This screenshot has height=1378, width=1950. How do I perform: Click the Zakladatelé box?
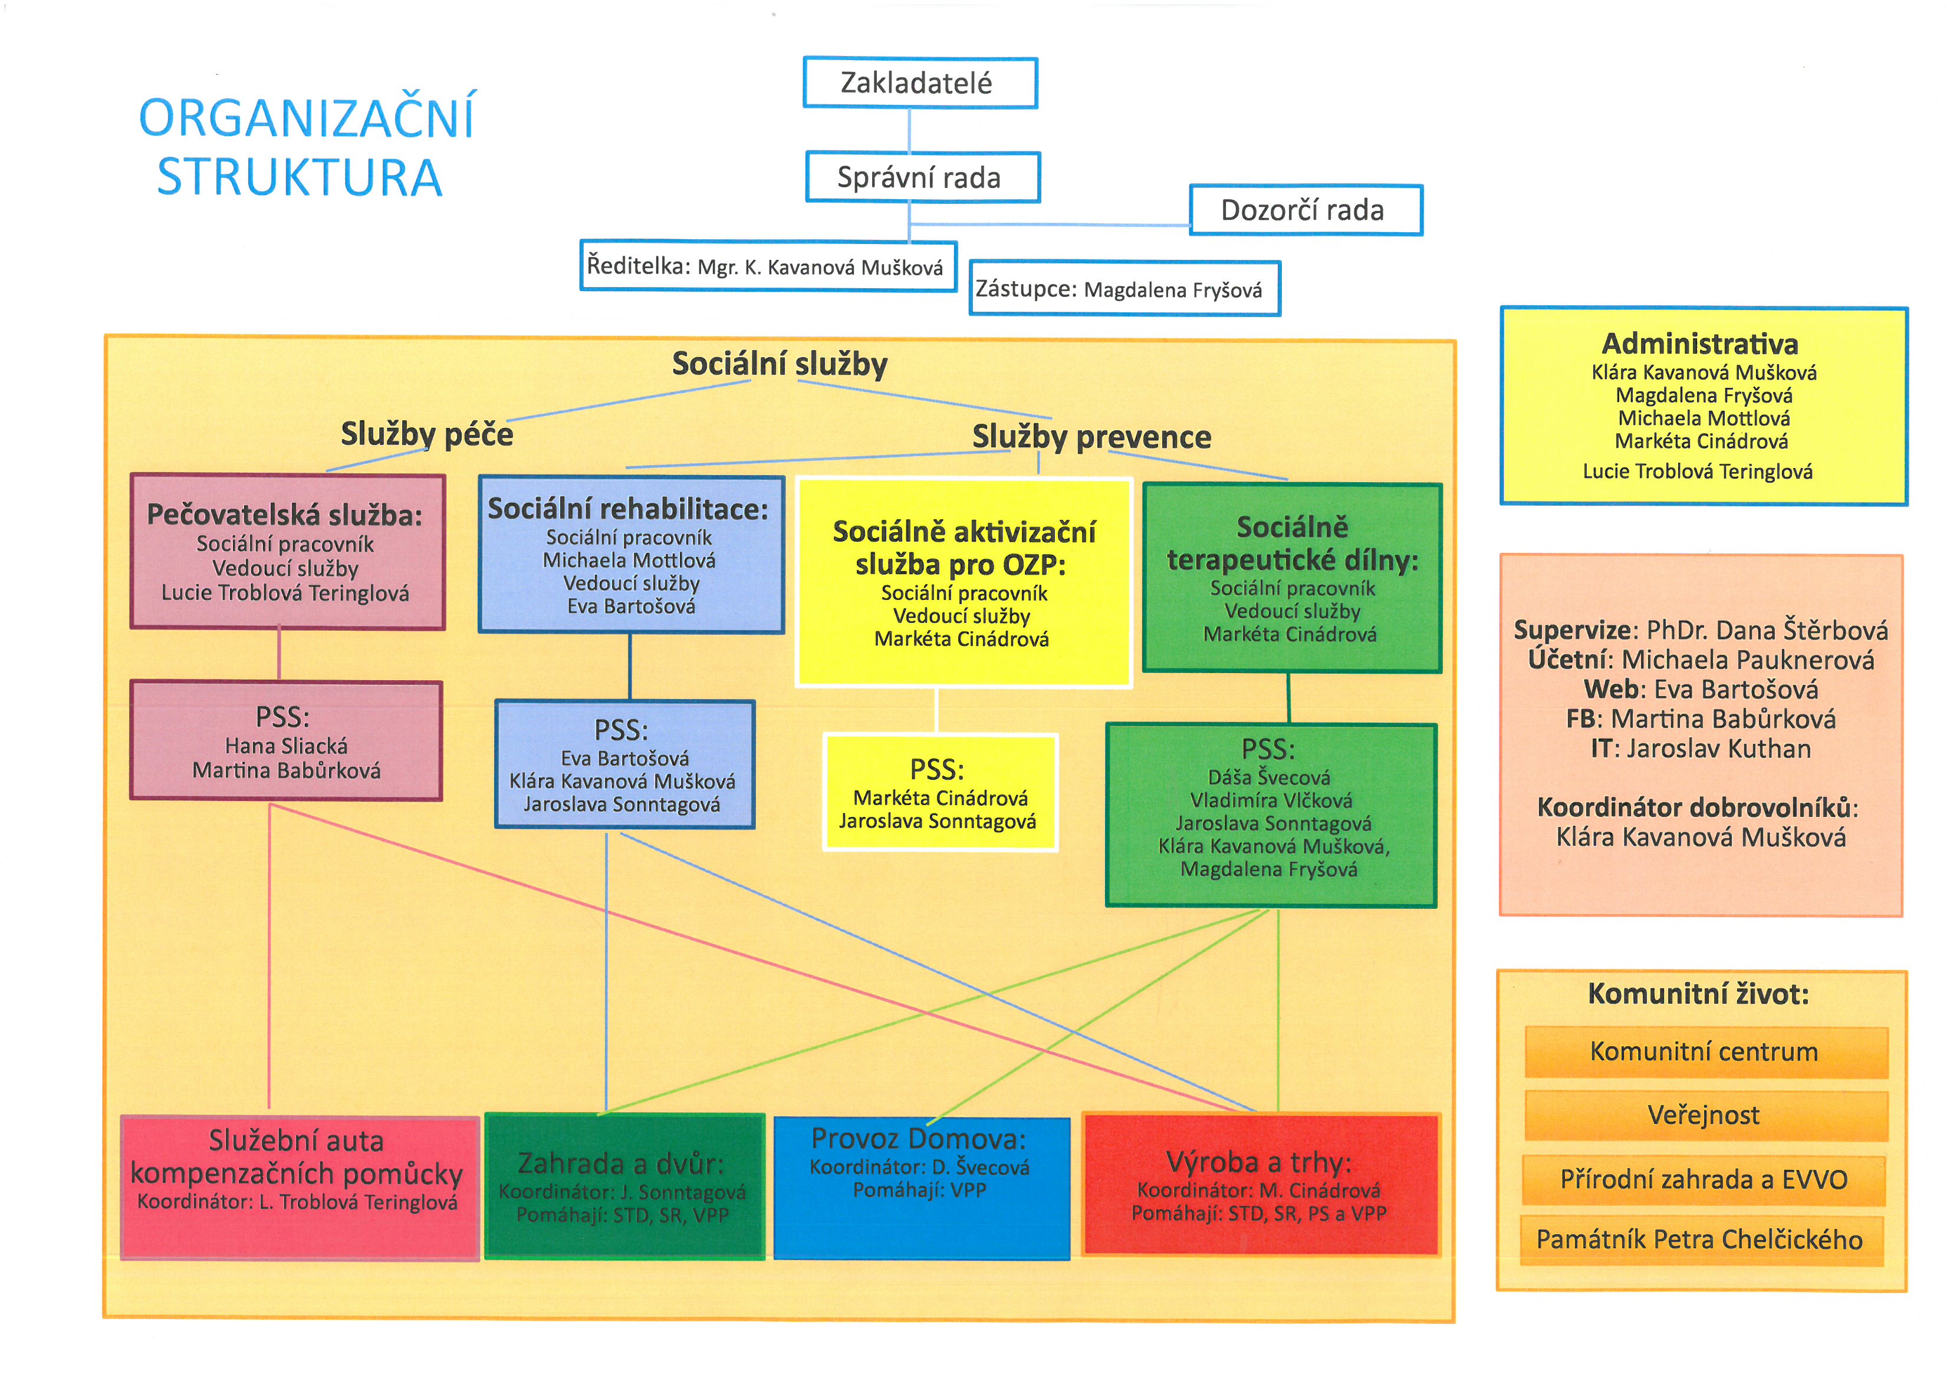[x=920, y=83]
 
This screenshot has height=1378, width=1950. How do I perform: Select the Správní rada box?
[x=922, y=177]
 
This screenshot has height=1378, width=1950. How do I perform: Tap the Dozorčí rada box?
[x=1306, y=210]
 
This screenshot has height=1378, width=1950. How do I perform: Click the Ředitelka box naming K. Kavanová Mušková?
[x=768, y=266]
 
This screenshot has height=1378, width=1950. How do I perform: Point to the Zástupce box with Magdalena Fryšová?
[x=1124, y=289]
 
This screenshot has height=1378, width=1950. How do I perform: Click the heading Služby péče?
[x=426, y=434]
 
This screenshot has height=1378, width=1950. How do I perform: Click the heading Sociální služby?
[x=779, y=364]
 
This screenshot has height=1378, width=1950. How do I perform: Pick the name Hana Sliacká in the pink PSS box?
[x=286, y=746]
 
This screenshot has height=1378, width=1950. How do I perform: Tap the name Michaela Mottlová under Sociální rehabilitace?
[x=629, y=561]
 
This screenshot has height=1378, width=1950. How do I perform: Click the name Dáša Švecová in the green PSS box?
[x=1269, y=777]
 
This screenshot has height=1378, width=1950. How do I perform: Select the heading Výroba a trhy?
[x=1259, y=1162]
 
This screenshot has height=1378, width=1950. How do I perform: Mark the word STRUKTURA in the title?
[x=300, y=177]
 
